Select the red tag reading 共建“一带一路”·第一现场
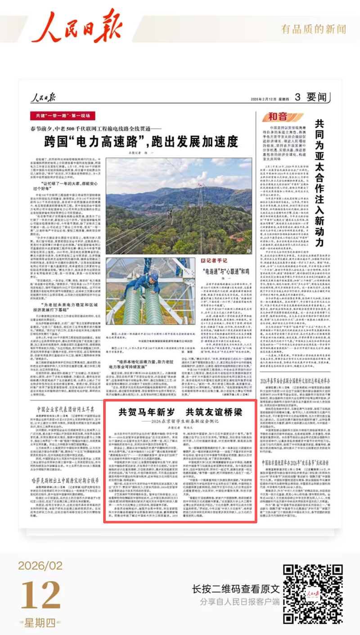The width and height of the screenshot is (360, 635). pos(63,115)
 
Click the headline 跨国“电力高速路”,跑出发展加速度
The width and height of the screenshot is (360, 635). pos(141,142)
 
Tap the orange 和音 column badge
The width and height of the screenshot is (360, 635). pos(278,116)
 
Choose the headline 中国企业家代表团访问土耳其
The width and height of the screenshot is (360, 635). pos(66,409)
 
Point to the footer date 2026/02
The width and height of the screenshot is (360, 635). pos(40,565)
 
